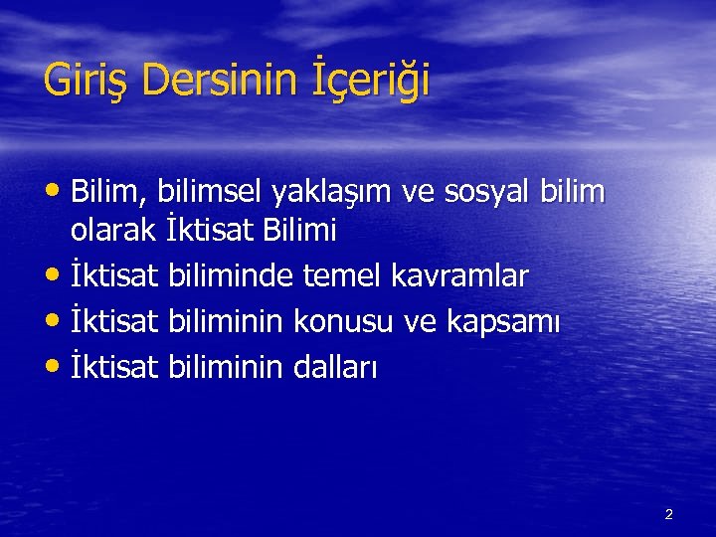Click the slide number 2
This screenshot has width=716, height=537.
[x=668, y=514]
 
